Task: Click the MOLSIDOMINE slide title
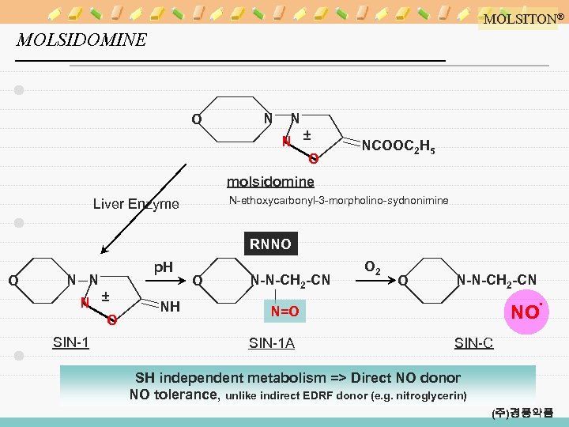[x=81, y=40]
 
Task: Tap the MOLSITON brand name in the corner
[x=519, y=18]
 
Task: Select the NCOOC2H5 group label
[x=398, y=146]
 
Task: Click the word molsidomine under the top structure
[x=270, y=182]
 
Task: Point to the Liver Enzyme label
[x=136, y=204]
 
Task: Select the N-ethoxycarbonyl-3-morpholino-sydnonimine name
[x=338, y=201]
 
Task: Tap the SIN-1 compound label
[x=70, y=342]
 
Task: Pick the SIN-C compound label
[x=473, y=342]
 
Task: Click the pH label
[x=163, y=267]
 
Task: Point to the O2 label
[x=372, y=269]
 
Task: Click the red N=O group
[x=284, y=312]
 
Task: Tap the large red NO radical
[x=526, y=312]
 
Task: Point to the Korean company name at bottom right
[x=522, y=413]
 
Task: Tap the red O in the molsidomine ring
[x=314, y=160]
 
